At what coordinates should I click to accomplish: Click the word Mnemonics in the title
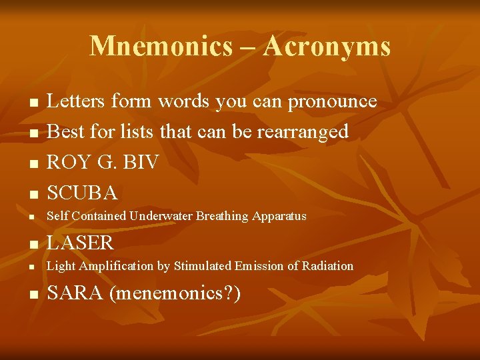point(161,46)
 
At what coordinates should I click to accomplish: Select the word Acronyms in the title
point(327,46)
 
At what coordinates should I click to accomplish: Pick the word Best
point(65,131)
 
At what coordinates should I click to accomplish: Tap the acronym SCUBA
point(82,193)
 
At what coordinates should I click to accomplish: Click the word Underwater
point(161,216)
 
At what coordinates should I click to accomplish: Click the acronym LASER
point(80,242)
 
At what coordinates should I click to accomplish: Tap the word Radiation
point(328,266)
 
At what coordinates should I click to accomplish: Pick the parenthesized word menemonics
point(170,292)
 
